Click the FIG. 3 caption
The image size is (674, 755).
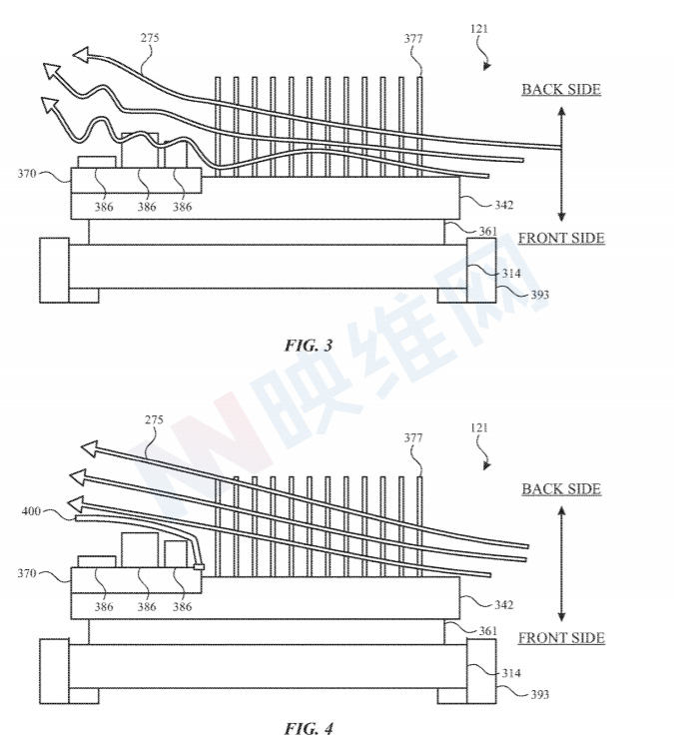click(309, 346)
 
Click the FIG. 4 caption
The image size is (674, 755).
click(309, 728)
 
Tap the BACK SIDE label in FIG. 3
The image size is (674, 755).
click(561, 90)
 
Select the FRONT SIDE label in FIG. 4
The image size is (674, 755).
click(561, 638)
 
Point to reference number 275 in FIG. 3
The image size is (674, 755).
click(150, 38)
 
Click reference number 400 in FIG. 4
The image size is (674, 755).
click(31, 511)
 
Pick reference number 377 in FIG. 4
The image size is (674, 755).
click(413, 437)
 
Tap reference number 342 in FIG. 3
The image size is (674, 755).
click(504, 205)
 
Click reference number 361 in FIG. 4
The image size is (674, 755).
click(487, 631)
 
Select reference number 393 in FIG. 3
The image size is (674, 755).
click(539, 295)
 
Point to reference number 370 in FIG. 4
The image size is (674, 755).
click(27, 573)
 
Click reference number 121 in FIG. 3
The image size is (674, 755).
click(479, 29)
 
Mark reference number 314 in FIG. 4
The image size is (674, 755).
click(511, 673)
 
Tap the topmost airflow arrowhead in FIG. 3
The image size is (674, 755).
click(81, 54)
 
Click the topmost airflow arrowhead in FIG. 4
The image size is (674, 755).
click(89, 448)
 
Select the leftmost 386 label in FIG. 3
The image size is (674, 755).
click(104, 207)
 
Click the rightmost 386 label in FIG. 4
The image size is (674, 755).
click(182, 607)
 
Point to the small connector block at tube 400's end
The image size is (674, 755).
click(199, 567)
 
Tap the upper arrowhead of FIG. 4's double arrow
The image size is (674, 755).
click(561, 511)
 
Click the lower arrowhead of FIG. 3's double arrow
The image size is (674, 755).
click(561, 216)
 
